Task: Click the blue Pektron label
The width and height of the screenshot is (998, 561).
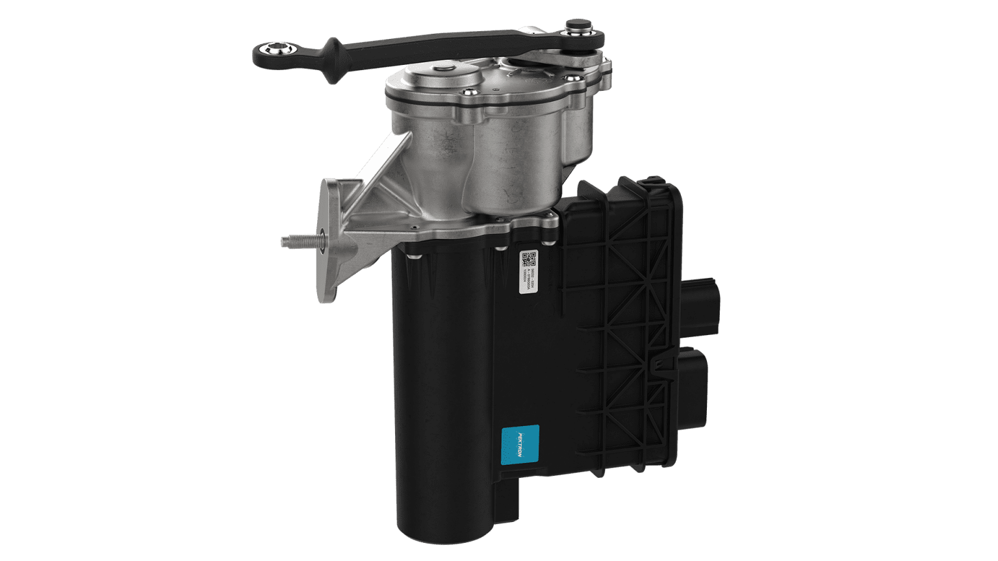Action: [521, 444]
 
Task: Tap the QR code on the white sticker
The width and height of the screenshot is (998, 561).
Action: [529, 259]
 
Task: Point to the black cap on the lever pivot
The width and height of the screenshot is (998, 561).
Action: [576, 28]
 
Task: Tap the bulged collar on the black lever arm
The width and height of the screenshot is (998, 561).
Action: [333, 61]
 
